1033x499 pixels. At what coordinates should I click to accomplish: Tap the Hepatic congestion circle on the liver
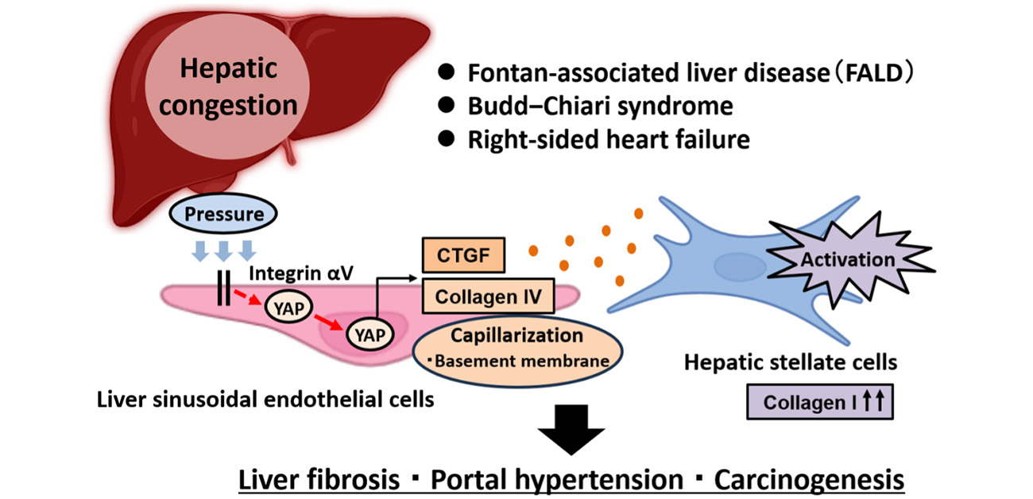point(227,89)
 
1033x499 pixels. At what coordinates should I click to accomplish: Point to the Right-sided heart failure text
point(609,140)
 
